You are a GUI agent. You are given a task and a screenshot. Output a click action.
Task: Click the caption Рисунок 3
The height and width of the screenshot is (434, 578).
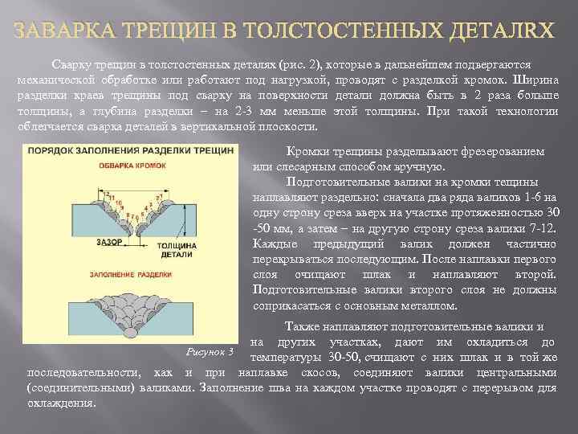210,352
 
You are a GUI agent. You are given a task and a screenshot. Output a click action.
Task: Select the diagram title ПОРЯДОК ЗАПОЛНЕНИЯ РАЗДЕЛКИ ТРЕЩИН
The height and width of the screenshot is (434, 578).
128,150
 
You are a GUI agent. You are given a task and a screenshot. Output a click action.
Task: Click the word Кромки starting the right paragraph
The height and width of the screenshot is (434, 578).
304,152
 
